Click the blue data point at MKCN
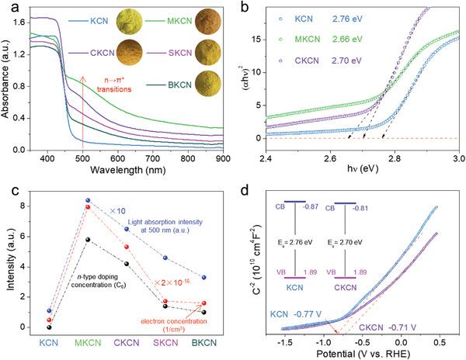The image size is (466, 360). tap(88, 200)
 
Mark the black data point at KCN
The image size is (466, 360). tap(28, 327)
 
